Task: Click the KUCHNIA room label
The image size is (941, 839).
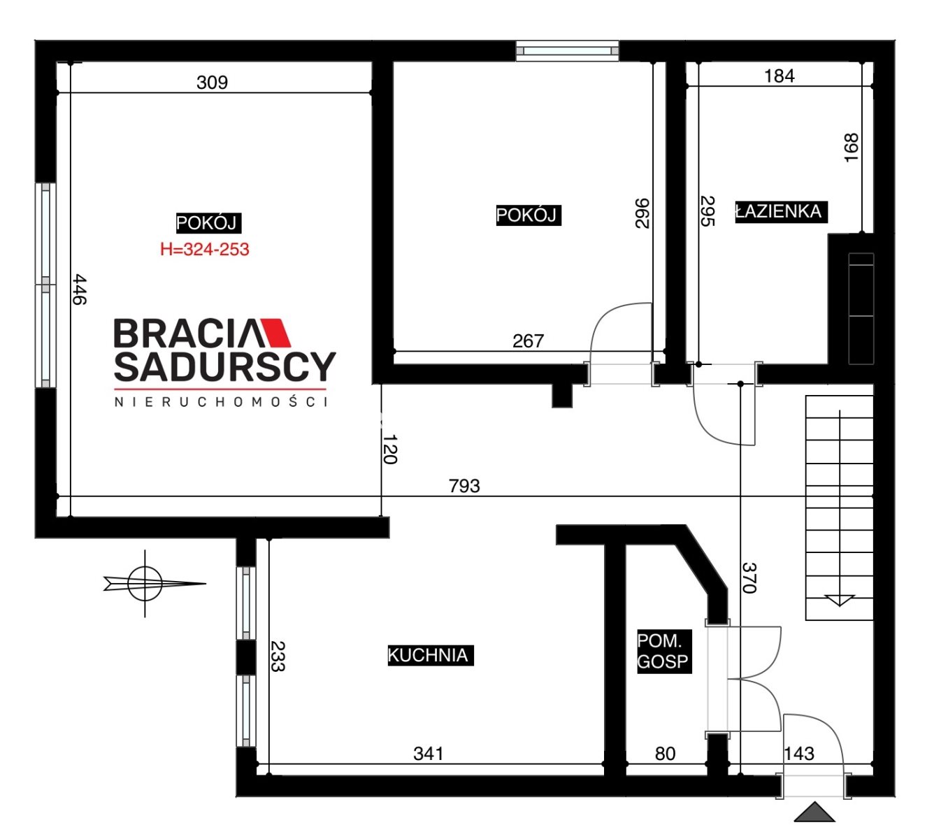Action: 430,655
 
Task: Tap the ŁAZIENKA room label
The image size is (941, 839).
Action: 781,212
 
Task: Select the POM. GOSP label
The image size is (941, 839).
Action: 664,652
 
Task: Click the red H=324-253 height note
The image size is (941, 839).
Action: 205,250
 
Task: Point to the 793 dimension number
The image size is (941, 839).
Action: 464,486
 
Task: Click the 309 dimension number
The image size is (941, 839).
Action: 213,83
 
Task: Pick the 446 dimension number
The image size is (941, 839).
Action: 80,289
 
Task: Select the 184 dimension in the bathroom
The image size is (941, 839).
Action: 780,76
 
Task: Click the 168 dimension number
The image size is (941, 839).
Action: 851,148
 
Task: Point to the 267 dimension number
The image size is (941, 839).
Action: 528,341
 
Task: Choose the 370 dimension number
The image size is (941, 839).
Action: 749,578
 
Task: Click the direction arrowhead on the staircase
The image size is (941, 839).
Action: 840,601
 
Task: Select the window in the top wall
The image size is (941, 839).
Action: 567,50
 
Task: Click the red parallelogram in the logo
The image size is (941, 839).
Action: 275,333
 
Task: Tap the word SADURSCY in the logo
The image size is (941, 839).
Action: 225,367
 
